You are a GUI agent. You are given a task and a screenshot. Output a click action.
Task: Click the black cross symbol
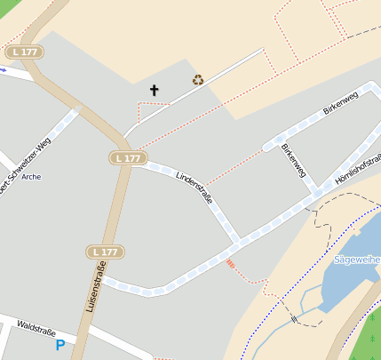coord(155,90)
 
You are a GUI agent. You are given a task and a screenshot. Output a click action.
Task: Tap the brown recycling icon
coord(198,80)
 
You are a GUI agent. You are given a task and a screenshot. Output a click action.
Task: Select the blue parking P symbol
coord(60,345)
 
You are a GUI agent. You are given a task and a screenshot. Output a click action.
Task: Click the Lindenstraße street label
coord(194,188)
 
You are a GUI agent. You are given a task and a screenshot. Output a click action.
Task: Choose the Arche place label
coord(31,177)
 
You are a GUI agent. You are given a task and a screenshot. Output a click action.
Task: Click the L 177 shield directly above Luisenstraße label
coord(104,252)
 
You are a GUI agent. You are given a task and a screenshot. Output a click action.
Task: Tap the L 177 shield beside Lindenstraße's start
coord(128,158)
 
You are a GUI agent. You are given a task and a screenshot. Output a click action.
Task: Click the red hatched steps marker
coord(231,264)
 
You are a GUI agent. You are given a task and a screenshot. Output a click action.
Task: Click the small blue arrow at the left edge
coord(4,73)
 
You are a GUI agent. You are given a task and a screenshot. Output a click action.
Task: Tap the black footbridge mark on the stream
coord(292,318)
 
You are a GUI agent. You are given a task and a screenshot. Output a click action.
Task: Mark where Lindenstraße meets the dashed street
coord(238,241)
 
